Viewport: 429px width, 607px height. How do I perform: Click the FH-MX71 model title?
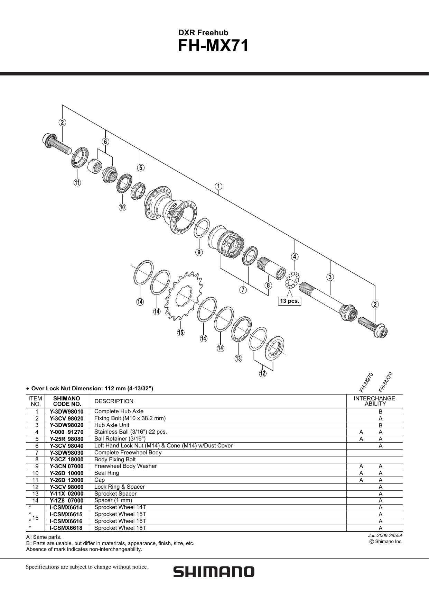213,46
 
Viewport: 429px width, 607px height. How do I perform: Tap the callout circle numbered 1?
218,186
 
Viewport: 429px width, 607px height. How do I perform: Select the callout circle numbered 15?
181,333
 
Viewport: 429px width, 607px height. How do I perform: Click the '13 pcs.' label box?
289,301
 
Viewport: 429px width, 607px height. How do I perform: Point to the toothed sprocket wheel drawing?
183,295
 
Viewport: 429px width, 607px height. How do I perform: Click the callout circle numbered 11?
77,182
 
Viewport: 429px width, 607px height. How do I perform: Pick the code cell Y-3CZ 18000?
66,460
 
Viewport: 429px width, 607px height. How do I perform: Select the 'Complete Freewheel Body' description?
128,453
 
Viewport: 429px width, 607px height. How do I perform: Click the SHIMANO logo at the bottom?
214,571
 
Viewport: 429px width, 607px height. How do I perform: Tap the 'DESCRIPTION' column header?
114,401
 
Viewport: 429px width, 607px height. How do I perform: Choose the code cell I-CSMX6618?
66,528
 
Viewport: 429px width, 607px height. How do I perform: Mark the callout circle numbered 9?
199,252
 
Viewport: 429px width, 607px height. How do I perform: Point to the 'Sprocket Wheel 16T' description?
120,521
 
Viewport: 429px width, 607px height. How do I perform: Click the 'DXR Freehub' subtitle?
203,33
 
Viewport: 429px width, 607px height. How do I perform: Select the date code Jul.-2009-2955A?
385,535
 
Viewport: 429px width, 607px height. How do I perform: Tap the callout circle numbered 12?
263,373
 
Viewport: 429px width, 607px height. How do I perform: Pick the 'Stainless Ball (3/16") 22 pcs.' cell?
130,432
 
